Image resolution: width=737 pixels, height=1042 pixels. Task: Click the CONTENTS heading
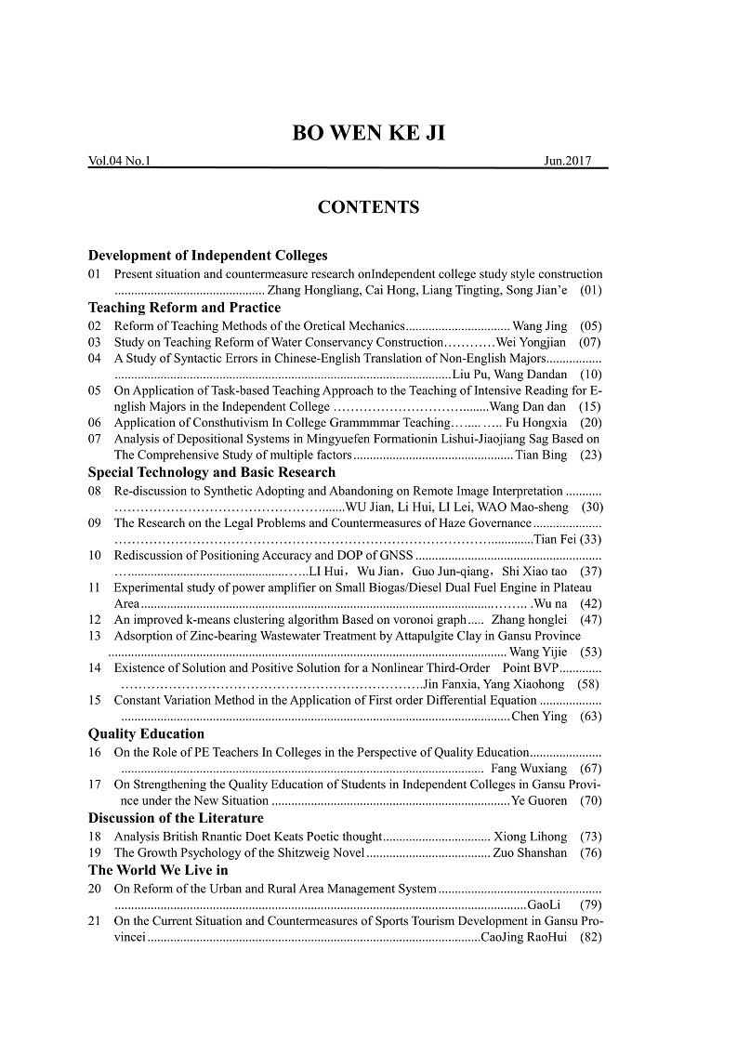click(368, 207)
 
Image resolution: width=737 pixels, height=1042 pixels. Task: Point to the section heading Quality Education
click(146, 733)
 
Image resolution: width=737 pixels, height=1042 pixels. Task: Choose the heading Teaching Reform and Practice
click(184, 307)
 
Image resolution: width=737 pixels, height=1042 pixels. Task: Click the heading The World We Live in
click(158, 870)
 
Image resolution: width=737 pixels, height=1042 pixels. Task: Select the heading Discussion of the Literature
click(176, 818)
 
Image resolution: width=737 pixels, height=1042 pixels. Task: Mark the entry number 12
click(95, 619)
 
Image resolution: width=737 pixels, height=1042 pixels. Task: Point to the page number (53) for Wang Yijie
click(590, 653)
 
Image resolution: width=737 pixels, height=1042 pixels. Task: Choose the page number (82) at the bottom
click(590, 937)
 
